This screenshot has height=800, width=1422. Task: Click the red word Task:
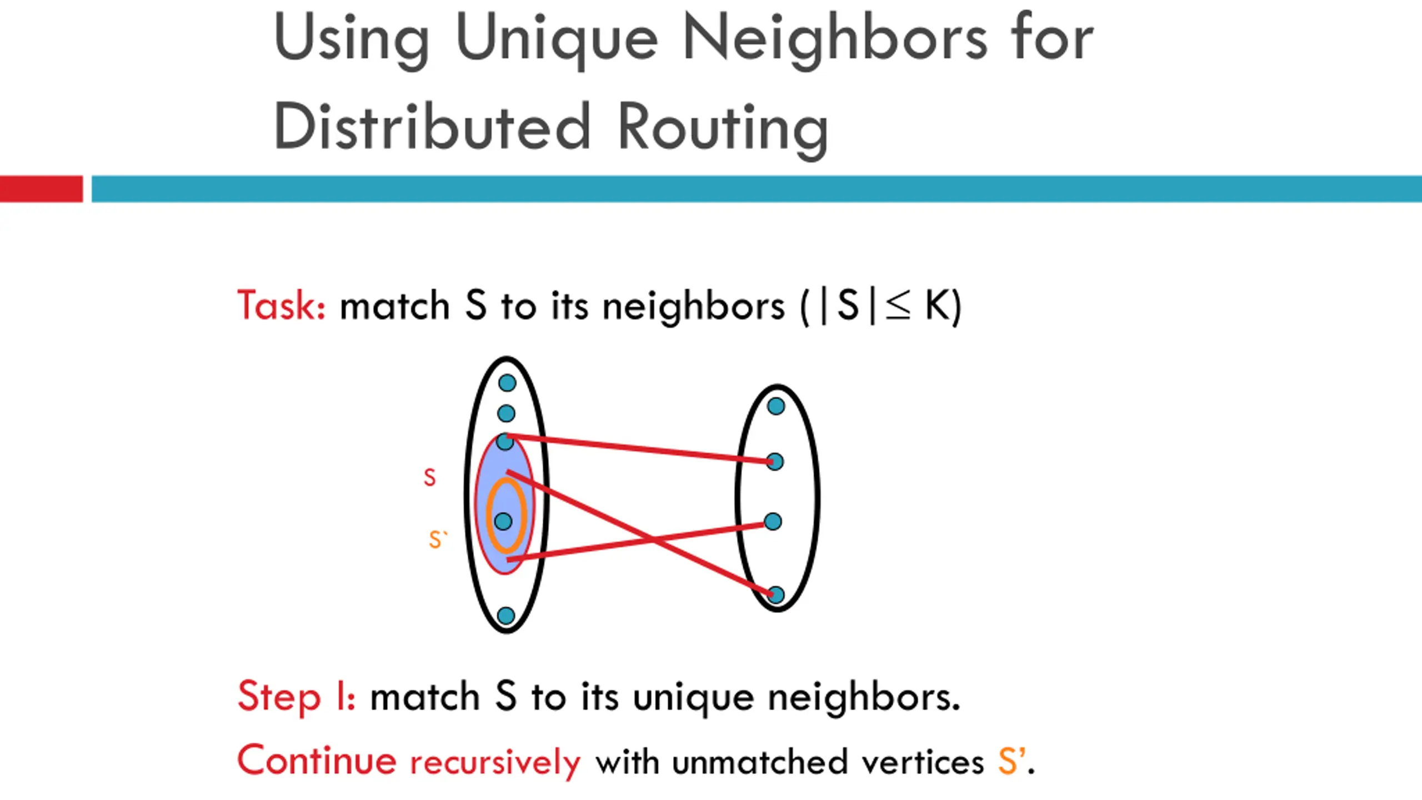[281, 306]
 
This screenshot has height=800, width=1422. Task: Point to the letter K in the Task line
[937, 306]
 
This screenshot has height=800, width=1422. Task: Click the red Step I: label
[296, 697]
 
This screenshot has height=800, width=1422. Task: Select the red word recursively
[495, 762]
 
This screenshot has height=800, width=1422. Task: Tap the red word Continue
[317, 761]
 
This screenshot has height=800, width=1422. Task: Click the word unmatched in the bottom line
[759, 762]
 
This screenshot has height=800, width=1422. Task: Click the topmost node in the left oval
[507, 383]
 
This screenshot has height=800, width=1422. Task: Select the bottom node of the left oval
[506, 616]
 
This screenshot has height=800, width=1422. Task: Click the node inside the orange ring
[503, 521]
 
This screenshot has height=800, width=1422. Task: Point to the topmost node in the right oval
[776, 406]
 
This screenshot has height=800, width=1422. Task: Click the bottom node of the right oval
[775, 595]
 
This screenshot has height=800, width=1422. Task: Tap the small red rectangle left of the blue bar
[41, 189]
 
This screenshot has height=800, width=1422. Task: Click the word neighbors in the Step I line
[864, 697]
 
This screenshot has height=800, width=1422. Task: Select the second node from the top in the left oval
[506, 413]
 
